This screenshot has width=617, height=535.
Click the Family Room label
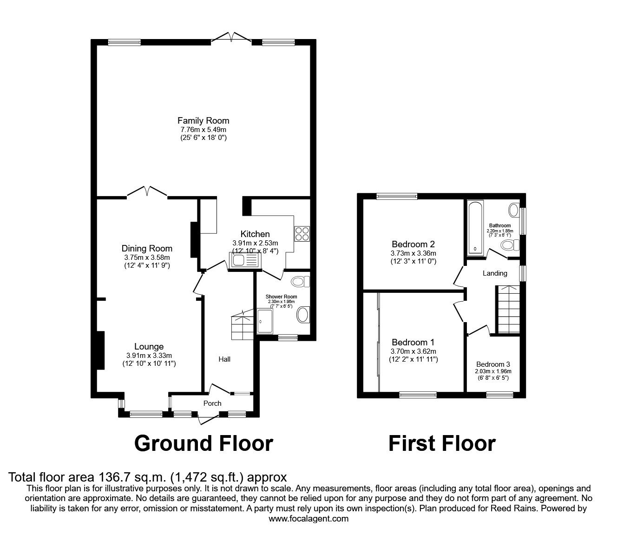pyautogui.click(x=203, y=121)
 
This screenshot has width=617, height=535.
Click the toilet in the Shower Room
pyautogui.click(x=301, y=281)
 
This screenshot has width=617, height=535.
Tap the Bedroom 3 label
pyautogui.click(x=492, y=364)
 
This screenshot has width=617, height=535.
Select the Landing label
pyautogui.click(x=494, y=273)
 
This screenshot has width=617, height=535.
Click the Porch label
pyautogui.click(x=212, y=403)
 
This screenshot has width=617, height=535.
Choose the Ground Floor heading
pyautogui.click(x=203, y=443)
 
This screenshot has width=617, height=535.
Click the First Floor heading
pyautogui.click(x=441, y=443)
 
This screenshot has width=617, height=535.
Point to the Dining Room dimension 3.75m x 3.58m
pyautogui.click(x=147, y=258)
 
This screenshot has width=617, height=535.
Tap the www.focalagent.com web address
pyautogui.click(x=308, y=519)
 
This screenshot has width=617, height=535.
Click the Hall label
pyautogui.click(x=224, y=359)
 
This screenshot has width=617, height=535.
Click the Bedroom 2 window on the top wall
pyautogui.click(x=396, y=196)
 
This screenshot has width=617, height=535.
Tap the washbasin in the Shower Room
pyautogui.click(x=302, y=315)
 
